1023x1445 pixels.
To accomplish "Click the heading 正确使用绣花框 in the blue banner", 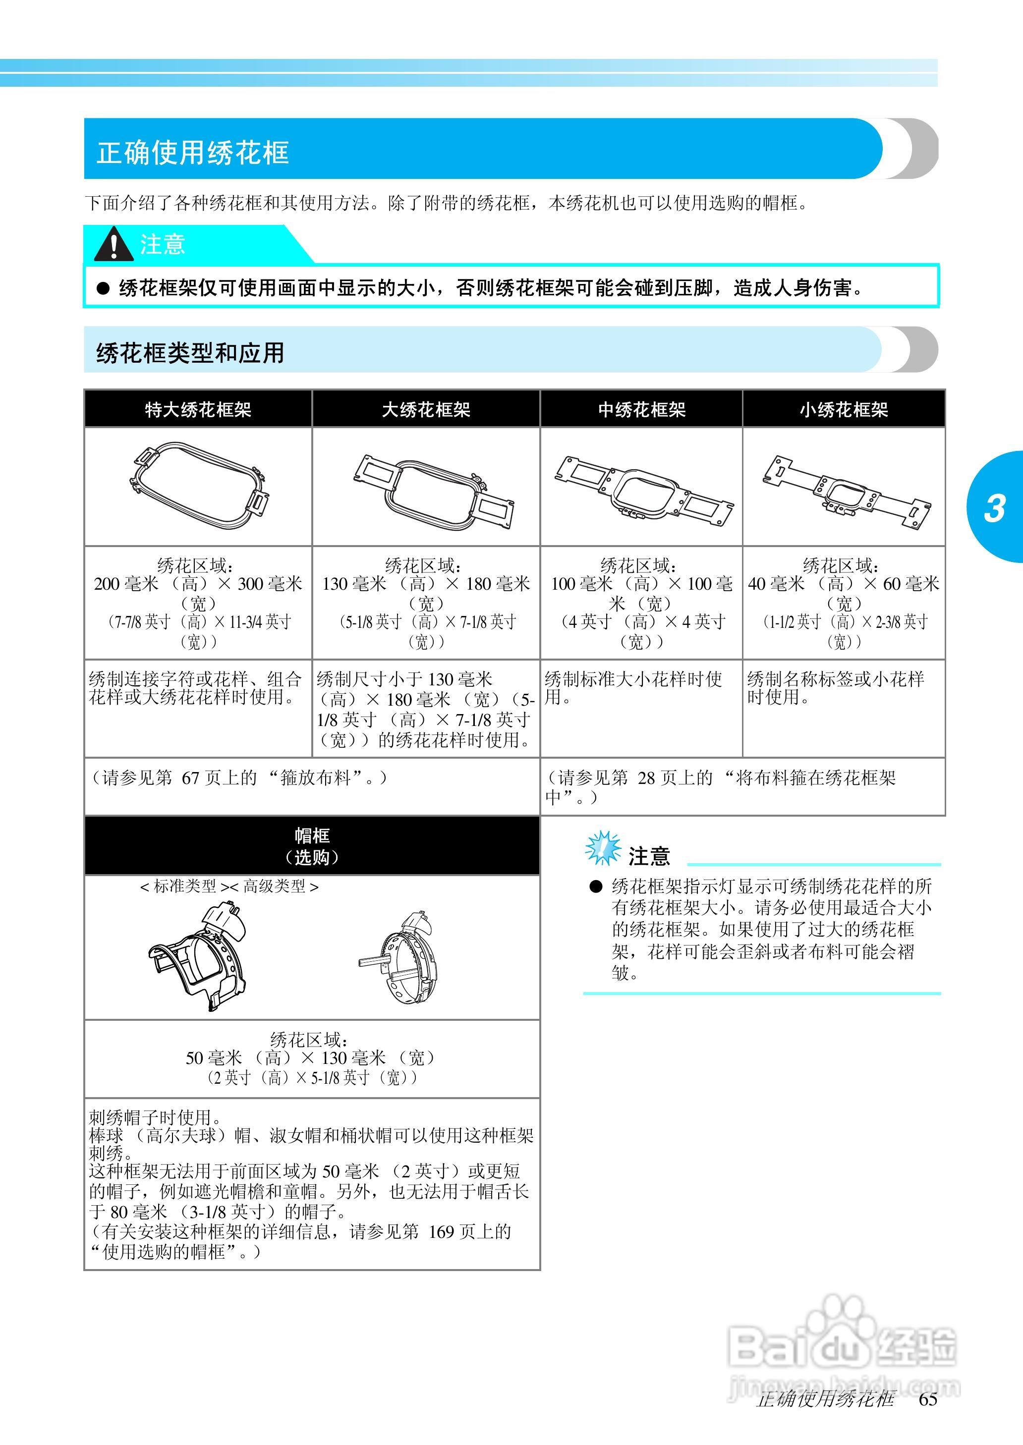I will [x=193, y=152].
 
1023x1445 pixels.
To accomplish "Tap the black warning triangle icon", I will [x=114, y=244].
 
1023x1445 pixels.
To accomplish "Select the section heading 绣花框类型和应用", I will [x=190, y=353].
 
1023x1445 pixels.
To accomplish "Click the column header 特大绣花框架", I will [x=198, y=410].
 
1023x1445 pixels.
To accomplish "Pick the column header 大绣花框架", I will [x=426, y=410].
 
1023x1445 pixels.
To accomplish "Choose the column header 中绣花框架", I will [x=641, y=410].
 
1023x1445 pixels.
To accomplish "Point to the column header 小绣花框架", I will [x=844, y=410].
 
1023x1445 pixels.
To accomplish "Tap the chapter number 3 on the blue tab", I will [x=994, y=508].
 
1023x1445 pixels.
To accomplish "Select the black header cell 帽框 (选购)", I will [x=312, y=845].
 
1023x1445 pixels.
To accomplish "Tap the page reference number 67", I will [x=190, y=778].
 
